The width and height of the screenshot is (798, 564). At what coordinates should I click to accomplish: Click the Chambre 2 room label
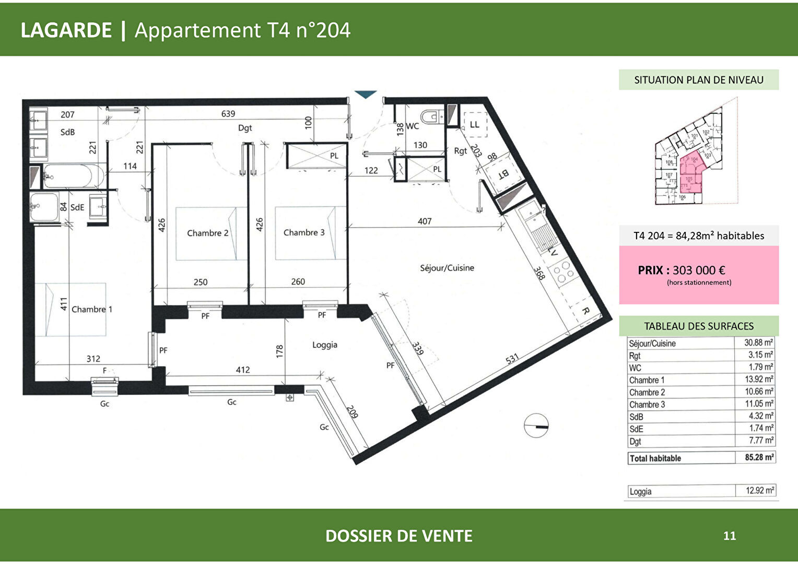click(x=208, y=233)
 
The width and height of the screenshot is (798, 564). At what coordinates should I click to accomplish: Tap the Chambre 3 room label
click(x=304, y=232)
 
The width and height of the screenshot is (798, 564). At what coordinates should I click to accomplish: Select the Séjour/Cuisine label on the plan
click(x=447, y=268)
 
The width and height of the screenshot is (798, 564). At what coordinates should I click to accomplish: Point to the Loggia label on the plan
click(x=325, y=345)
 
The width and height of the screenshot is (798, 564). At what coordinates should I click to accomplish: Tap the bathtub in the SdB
click(x=74, y=176)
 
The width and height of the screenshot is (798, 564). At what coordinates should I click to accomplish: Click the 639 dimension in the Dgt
click(x=228, y=113)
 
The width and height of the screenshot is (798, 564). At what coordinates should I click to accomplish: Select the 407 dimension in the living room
click(x=425, y=221)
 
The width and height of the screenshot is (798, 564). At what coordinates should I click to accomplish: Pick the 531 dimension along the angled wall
click(x=512, y=359)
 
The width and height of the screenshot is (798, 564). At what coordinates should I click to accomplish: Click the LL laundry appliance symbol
click(x=474, y=124)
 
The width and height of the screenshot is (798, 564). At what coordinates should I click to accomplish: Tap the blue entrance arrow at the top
click(x=366, y=95)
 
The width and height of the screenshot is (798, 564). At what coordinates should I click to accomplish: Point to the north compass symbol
click(x=536, y=426)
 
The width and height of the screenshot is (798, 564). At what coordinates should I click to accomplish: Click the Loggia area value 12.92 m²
click(x=760, y=491)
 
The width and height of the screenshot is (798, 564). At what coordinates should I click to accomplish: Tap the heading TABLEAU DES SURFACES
click(x=699, y=326)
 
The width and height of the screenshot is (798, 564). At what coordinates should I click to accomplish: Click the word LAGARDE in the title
click(x=66, y=30)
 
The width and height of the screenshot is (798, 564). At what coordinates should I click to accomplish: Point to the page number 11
click(x=730, y=536)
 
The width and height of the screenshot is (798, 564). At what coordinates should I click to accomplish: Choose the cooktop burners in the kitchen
click(x=564, y=274)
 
